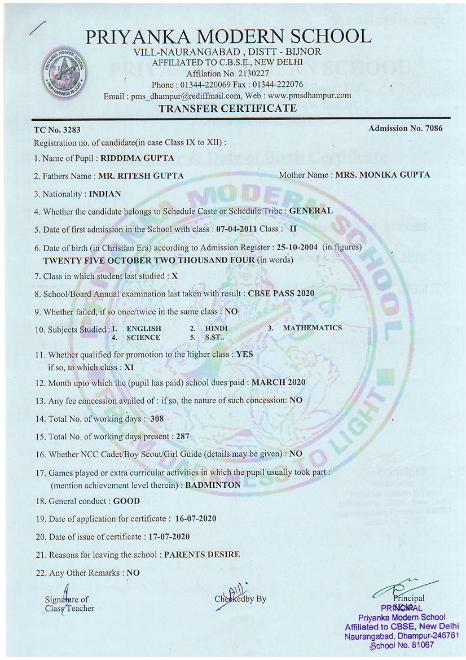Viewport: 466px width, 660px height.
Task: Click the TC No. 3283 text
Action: coord(58,130)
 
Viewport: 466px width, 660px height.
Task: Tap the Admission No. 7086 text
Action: coord(405,129)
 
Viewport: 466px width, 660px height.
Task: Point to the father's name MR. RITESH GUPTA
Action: coord(141,176)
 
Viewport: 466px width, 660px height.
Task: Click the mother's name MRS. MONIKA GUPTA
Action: coord(383,175)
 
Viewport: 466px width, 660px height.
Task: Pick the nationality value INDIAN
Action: coord(105,194)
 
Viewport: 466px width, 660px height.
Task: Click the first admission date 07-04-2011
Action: coord(237,229)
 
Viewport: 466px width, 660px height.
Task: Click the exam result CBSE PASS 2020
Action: coord(281,294)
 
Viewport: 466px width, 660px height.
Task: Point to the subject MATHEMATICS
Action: coord(312,328)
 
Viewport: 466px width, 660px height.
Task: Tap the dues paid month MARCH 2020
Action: coord(278,382)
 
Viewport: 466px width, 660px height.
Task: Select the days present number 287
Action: coord(182,436)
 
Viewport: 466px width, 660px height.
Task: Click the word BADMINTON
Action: coord(213,485)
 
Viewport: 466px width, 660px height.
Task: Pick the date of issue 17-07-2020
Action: coord(169,537)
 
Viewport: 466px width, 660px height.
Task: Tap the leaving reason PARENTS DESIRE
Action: coord(202,554)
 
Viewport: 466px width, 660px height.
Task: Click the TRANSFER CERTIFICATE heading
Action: coord(227,108)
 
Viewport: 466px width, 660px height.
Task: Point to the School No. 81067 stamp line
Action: coord(401,645)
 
